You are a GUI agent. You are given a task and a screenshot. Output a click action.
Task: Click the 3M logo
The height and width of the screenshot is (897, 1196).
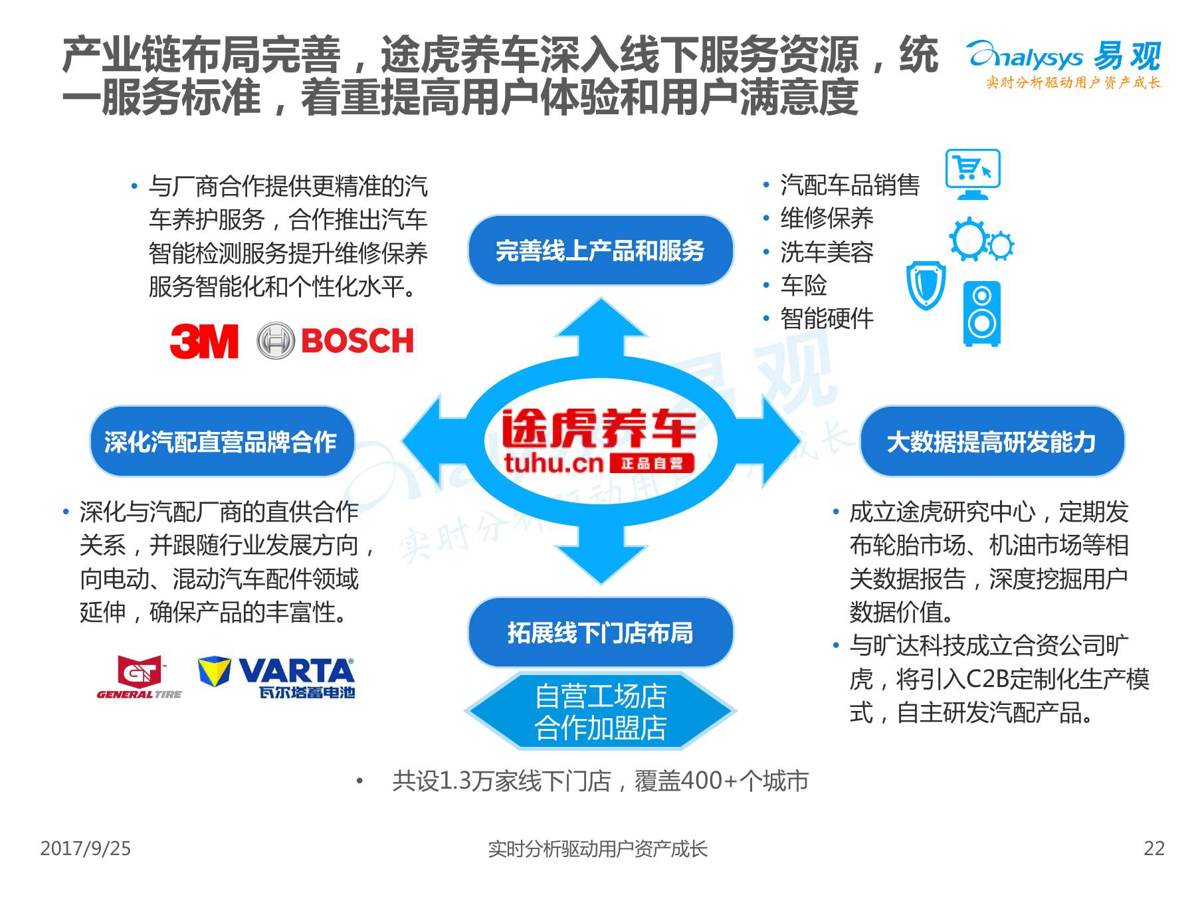tap(204, 341)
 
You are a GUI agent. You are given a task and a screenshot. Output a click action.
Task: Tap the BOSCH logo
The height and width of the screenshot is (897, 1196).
tap(336, 341)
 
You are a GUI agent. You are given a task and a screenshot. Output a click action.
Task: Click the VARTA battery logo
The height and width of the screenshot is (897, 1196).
tap(277, 678)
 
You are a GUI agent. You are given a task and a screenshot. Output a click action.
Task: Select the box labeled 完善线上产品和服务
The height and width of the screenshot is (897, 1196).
tap(600, 250)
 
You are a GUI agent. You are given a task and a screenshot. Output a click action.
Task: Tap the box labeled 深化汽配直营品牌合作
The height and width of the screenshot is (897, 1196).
tap(221, 441)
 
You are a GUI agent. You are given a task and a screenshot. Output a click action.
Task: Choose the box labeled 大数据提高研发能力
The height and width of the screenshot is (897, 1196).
tap(991, 441)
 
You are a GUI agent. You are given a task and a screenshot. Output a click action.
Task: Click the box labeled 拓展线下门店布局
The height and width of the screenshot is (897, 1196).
tap(600, 632)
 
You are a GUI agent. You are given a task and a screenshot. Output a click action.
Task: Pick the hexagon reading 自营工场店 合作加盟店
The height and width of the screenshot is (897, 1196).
tap(600, 712)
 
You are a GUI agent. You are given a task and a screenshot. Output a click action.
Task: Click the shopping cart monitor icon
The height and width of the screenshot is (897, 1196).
tap(972, 173)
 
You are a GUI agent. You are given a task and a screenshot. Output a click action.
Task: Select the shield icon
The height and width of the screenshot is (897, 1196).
tap(926, 285)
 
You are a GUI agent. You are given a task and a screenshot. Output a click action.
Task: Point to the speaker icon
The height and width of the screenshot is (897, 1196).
tap(981, 314)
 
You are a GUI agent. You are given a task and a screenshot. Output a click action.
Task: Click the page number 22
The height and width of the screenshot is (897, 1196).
tap(1153, 848)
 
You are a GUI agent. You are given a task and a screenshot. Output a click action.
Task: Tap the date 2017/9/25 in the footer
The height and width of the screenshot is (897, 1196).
tap(86, 848)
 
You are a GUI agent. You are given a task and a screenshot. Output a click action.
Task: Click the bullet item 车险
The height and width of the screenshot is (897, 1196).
tap(803, 285)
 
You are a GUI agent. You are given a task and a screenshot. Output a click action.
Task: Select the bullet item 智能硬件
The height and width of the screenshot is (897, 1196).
tap(827, 319)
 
